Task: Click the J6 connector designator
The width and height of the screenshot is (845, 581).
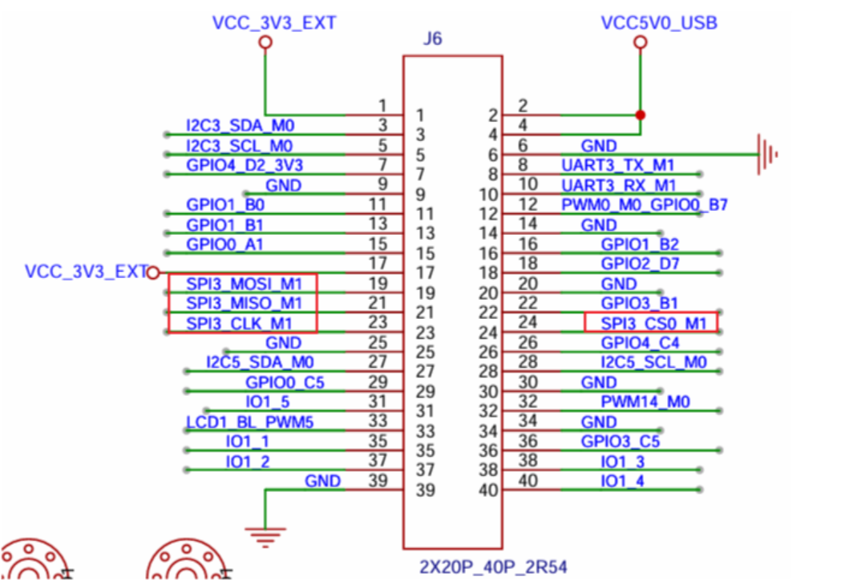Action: [432, 39]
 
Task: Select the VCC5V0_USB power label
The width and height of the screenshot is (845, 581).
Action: [659, 22]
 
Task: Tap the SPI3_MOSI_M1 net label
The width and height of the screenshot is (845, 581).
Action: [244, 284]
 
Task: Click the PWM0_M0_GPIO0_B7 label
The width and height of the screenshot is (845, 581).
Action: [645, 204]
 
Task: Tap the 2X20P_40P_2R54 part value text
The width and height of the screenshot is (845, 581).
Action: [493, 567]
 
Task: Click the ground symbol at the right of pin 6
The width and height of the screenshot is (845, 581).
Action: [767, 154]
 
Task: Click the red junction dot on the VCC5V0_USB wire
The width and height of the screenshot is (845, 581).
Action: [640, 114]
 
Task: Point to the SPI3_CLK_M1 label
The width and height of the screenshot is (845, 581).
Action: [239, 323]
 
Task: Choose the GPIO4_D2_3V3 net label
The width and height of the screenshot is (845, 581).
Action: [245, 165]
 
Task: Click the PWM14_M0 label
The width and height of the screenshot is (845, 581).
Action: [646, 401]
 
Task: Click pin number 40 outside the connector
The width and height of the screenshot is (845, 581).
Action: [528, 481]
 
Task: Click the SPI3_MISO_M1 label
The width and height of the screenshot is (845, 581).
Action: [244, 303]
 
